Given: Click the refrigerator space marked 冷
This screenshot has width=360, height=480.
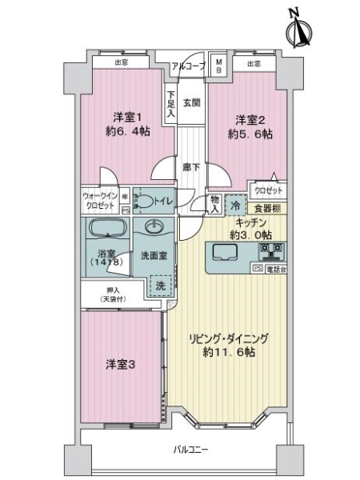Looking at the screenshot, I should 234,204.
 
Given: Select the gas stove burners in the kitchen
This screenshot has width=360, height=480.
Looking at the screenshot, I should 270,252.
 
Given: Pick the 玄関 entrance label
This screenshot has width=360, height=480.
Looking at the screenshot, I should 190,102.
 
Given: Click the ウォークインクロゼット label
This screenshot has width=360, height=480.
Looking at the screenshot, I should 101,200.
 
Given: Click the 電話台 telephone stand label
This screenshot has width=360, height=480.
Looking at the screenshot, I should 274,270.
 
